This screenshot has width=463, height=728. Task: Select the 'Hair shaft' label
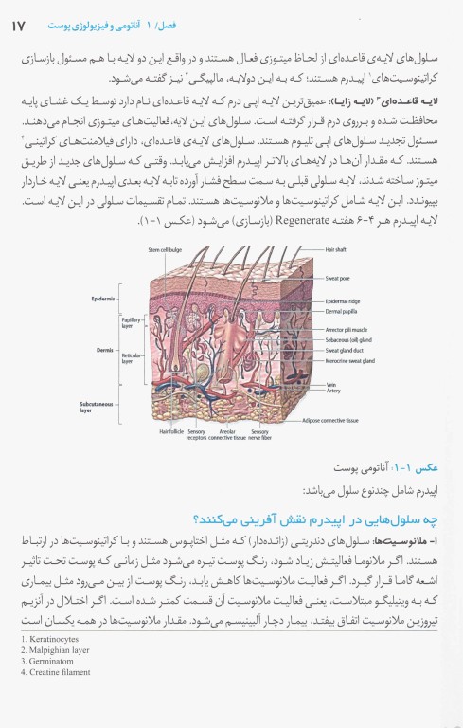[337, 249]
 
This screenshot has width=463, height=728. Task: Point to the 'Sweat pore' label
[339, 279]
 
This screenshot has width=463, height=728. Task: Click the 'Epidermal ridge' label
[343, 300]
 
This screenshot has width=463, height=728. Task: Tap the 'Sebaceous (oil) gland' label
[349, 338]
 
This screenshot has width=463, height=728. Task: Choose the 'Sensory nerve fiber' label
[259, 435]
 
